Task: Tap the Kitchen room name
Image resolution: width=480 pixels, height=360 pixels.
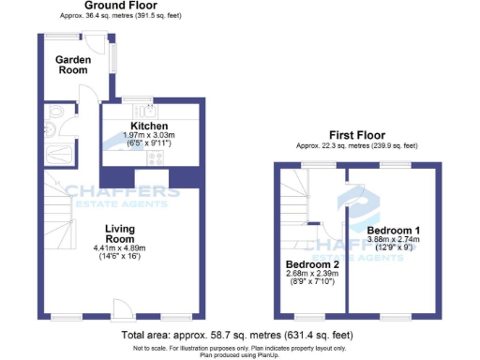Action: [149, 126]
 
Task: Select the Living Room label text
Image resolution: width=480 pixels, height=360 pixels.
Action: [122, 234]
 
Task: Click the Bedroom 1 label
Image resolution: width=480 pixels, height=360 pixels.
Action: [393, 230]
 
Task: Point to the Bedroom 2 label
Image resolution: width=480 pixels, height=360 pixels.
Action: [311, 264]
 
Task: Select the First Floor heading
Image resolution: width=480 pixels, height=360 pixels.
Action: [357, 135]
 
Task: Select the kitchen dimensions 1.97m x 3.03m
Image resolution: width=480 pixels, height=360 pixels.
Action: [149, 136]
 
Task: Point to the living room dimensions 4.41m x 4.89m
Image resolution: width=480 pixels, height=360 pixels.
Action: [122, 247]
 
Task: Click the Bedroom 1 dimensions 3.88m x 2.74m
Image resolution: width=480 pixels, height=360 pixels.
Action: [393, 240]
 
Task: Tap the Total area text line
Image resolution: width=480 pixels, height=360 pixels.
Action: [237, 335]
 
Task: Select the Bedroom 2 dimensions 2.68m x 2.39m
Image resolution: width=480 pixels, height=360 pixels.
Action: [311, 275]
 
